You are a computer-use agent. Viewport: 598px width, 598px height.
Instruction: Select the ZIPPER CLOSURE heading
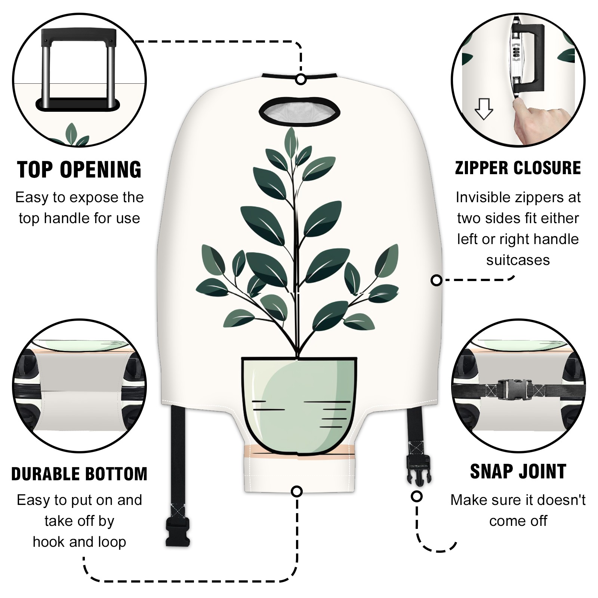click(518, 168)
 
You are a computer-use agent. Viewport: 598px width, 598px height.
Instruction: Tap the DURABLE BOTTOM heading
click(79, 474)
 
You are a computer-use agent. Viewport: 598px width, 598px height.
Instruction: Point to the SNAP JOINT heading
click(518, 471)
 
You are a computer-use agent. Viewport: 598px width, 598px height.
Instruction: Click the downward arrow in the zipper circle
click(484, 109)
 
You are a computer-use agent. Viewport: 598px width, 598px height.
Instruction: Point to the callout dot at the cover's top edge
click(301, 80)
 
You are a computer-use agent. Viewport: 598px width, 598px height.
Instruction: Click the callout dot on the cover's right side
click(437, 280)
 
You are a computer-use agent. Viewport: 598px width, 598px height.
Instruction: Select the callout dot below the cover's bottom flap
click(297, 491)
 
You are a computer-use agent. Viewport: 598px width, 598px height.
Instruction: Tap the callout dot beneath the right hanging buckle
click(417, 496)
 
